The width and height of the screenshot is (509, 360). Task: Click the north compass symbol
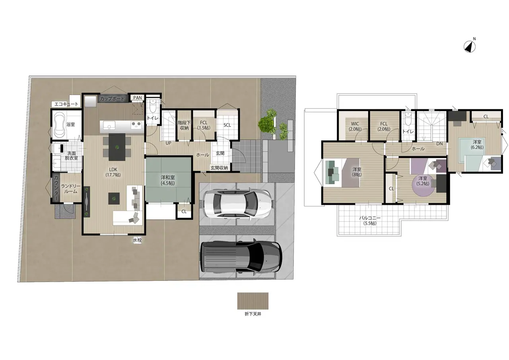pos(470,47)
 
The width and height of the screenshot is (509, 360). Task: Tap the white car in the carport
pos(237,203)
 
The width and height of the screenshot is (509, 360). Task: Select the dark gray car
pos(241,257)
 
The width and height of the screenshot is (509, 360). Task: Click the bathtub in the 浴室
pos(60,125)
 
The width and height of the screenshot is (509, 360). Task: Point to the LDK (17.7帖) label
pos(113,172)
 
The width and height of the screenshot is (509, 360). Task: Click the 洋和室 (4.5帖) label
pos(168,180)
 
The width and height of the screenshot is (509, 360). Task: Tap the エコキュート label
pos(66,104)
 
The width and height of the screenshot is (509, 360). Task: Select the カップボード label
pos(112,99)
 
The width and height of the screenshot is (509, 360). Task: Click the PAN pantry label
pos(138,97)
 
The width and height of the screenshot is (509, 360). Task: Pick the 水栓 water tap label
pos(137,240)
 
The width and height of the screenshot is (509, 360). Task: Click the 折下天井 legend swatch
pos(253,301)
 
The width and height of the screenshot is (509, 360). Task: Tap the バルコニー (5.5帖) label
pos(370,220)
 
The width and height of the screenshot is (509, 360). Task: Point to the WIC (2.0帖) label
pos(355,126)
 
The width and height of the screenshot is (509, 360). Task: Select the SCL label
pos(227,125)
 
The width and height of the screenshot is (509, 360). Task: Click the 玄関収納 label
pos(219,168)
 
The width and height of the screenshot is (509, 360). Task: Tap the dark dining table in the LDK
pos(117,147)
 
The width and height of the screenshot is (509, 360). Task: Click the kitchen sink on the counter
pos(109,125)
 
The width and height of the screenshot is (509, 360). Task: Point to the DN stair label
pos(439,144)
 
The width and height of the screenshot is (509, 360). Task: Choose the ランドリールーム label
pos(71,189)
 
